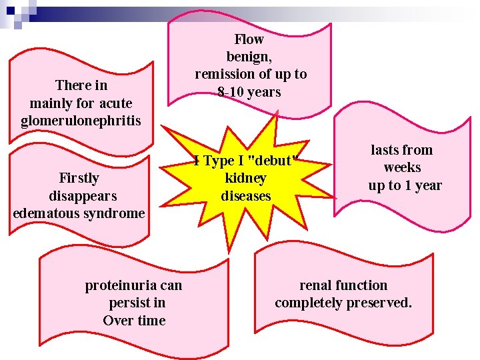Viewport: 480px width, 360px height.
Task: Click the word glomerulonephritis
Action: pyautogui.click(x=81, y=121)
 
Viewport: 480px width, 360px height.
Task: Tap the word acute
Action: pyautogui.click(x=116, y=103)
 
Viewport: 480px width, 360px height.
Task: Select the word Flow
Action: pyautogui.click(x=249, y=39)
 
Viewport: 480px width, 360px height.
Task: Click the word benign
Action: pyautogui.click(x=249, y=57)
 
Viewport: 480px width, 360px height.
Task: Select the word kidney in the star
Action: pyautogui.click(x=245, y=178)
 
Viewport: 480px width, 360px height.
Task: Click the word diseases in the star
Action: pyautogui.click(x=246, y=195)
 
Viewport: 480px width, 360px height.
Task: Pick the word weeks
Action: pyautogui.click(x=402, y=167)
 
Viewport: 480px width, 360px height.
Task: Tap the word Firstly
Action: pyautogui.click(x=79, y=178)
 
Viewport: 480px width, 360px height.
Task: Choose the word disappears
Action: pyautogui.click(x=83, y=196)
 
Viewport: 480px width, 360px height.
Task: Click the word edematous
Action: pyautogui.click(x=43, y=213)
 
